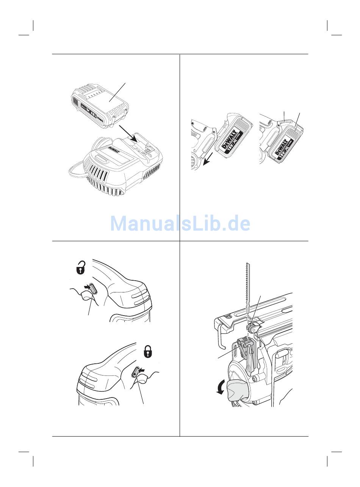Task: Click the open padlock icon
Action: pos(81,267)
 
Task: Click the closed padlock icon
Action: pos(147,352)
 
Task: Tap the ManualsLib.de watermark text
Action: pos(180,223)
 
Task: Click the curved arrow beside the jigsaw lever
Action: pos(220,387)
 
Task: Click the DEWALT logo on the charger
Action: pos(114,151)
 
